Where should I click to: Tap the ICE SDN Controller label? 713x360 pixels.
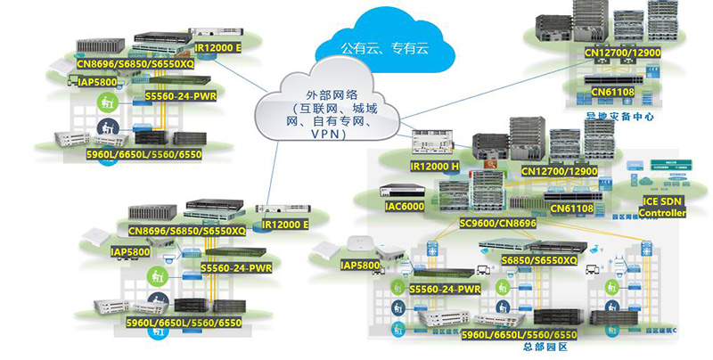(x=664, y=208)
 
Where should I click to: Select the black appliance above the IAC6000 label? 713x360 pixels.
(x=402, y=190)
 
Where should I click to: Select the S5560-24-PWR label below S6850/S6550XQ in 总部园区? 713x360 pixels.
(x=447, y=289)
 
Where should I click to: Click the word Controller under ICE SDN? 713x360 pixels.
(x=665, y=214)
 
